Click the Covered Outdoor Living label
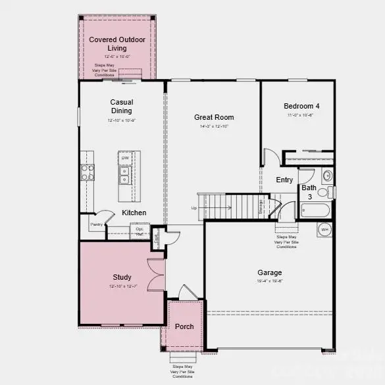117,44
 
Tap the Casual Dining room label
122,106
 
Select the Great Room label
214,118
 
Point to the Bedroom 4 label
301,106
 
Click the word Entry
285,180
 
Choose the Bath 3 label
309,192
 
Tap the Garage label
269,272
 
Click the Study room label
122,277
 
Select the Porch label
185,326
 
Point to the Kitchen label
134,213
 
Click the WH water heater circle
324,230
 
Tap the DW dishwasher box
125,159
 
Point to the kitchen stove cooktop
87,172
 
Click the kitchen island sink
124,175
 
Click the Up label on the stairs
194,208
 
